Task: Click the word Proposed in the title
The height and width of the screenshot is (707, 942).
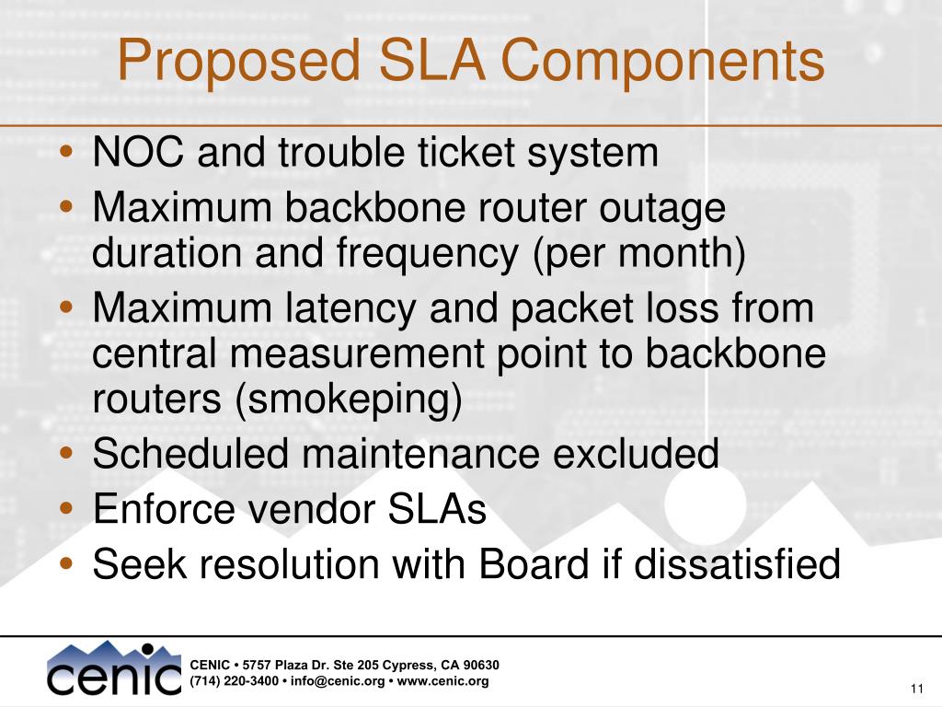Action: pos(238,61)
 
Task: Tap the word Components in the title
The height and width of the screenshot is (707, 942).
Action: pos(662,61)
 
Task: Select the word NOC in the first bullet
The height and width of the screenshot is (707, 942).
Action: pos(138,152)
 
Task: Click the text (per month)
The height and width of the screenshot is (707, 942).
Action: pos(639,254)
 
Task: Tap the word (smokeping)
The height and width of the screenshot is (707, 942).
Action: pos(349,400)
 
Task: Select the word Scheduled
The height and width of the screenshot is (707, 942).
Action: pos(190,453)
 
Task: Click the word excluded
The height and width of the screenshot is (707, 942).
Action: pos(636,453)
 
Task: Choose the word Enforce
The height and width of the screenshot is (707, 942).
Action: pos(164,508)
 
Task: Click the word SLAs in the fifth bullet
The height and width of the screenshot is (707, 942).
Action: pos(436,508)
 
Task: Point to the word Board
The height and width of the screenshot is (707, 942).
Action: pos(534,564)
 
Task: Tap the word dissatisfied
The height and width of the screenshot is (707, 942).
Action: pos(737,564)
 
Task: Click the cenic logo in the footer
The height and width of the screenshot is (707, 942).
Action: pos(113,668)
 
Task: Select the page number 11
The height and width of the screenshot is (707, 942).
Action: pos(917,689)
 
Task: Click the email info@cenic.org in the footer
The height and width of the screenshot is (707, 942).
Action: pos(337,681)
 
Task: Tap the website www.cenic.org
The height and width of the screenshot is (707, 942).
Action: pos(442,681)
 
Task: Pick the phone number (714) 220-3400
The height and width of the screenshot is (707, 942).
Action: pos(235,681)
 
